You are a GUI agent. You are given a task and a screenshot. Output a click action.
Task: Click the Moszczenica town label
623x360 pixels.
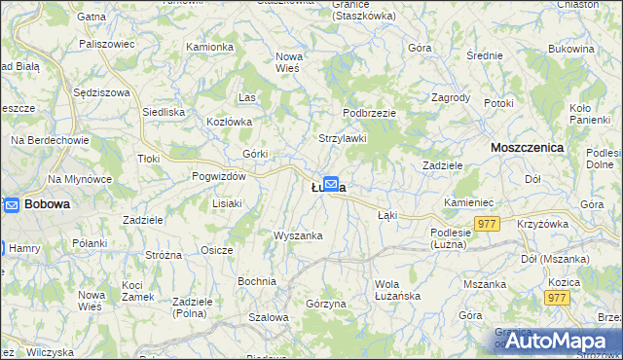click(x=529, y=147)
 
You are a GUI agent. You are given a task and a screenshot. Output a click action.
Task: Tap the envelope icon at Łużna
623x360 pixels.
click(x=331, y=183)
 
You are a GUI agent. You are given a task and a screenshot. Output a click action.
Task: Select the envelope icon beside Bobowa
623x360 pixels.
click(x=12, y=204)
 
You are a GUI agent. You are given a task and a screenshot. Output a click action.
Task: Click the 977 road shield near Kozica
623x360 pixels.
click(x=558, y=298)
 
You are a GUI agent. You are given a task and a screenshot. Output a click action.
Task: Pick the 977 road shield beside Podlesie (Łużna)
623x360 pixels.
click(x=488, y=225)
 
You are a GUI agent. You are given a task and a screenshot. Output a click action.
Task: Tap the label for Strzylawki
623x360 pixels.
click(x=343, y=138)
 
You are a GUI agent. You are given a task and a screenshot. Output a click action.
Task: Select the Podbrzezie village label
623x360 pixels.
click(x=369, y=113)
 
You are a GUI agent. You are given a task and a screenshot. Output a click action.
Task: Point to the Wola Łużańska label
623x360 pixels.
click(x=396, y=290)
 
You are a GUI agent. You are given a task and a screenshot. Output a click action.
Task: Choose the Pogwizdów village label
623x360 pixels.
click(x=219, y=176)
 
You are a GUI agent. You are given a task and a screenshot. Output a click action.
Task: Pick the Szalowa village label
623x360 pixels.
click(x=269, y=317)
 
